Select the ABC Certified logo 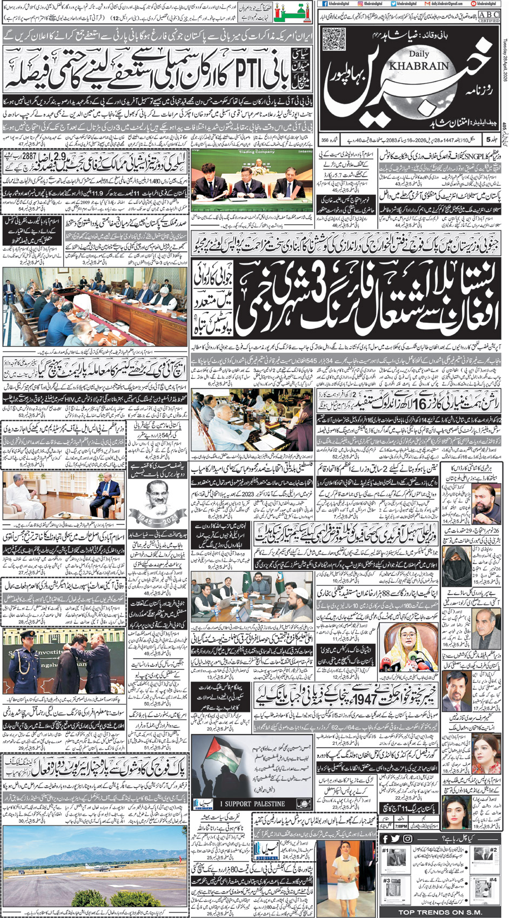[488, 17]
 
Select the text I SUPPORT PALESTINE [255, 803]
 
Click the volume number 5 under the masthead [488, 140]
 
